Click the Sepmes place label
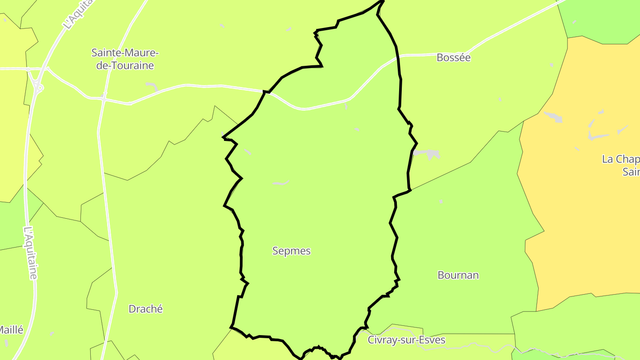(291, 251)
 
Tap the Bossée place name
(453, 57)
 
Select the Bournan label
(458, 275)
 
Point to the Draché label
(145, 309)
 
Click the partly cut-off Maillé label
(11, 330)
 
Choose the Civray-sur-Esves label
(406, 340)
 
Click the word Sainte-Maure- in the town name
(125, 53)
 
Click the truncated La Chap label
(621, 159)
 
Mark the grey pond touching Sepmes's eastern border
(427, 154)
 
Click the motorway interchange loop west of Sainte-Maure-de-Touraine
(39, 87)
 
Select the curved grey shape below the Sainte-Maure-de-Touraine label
(152, 86)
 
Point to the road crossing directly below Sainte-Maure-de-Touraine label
(104, 97)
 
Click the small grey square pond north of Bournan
(441, 201)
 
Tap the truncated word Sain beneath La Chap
(631, 172)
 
